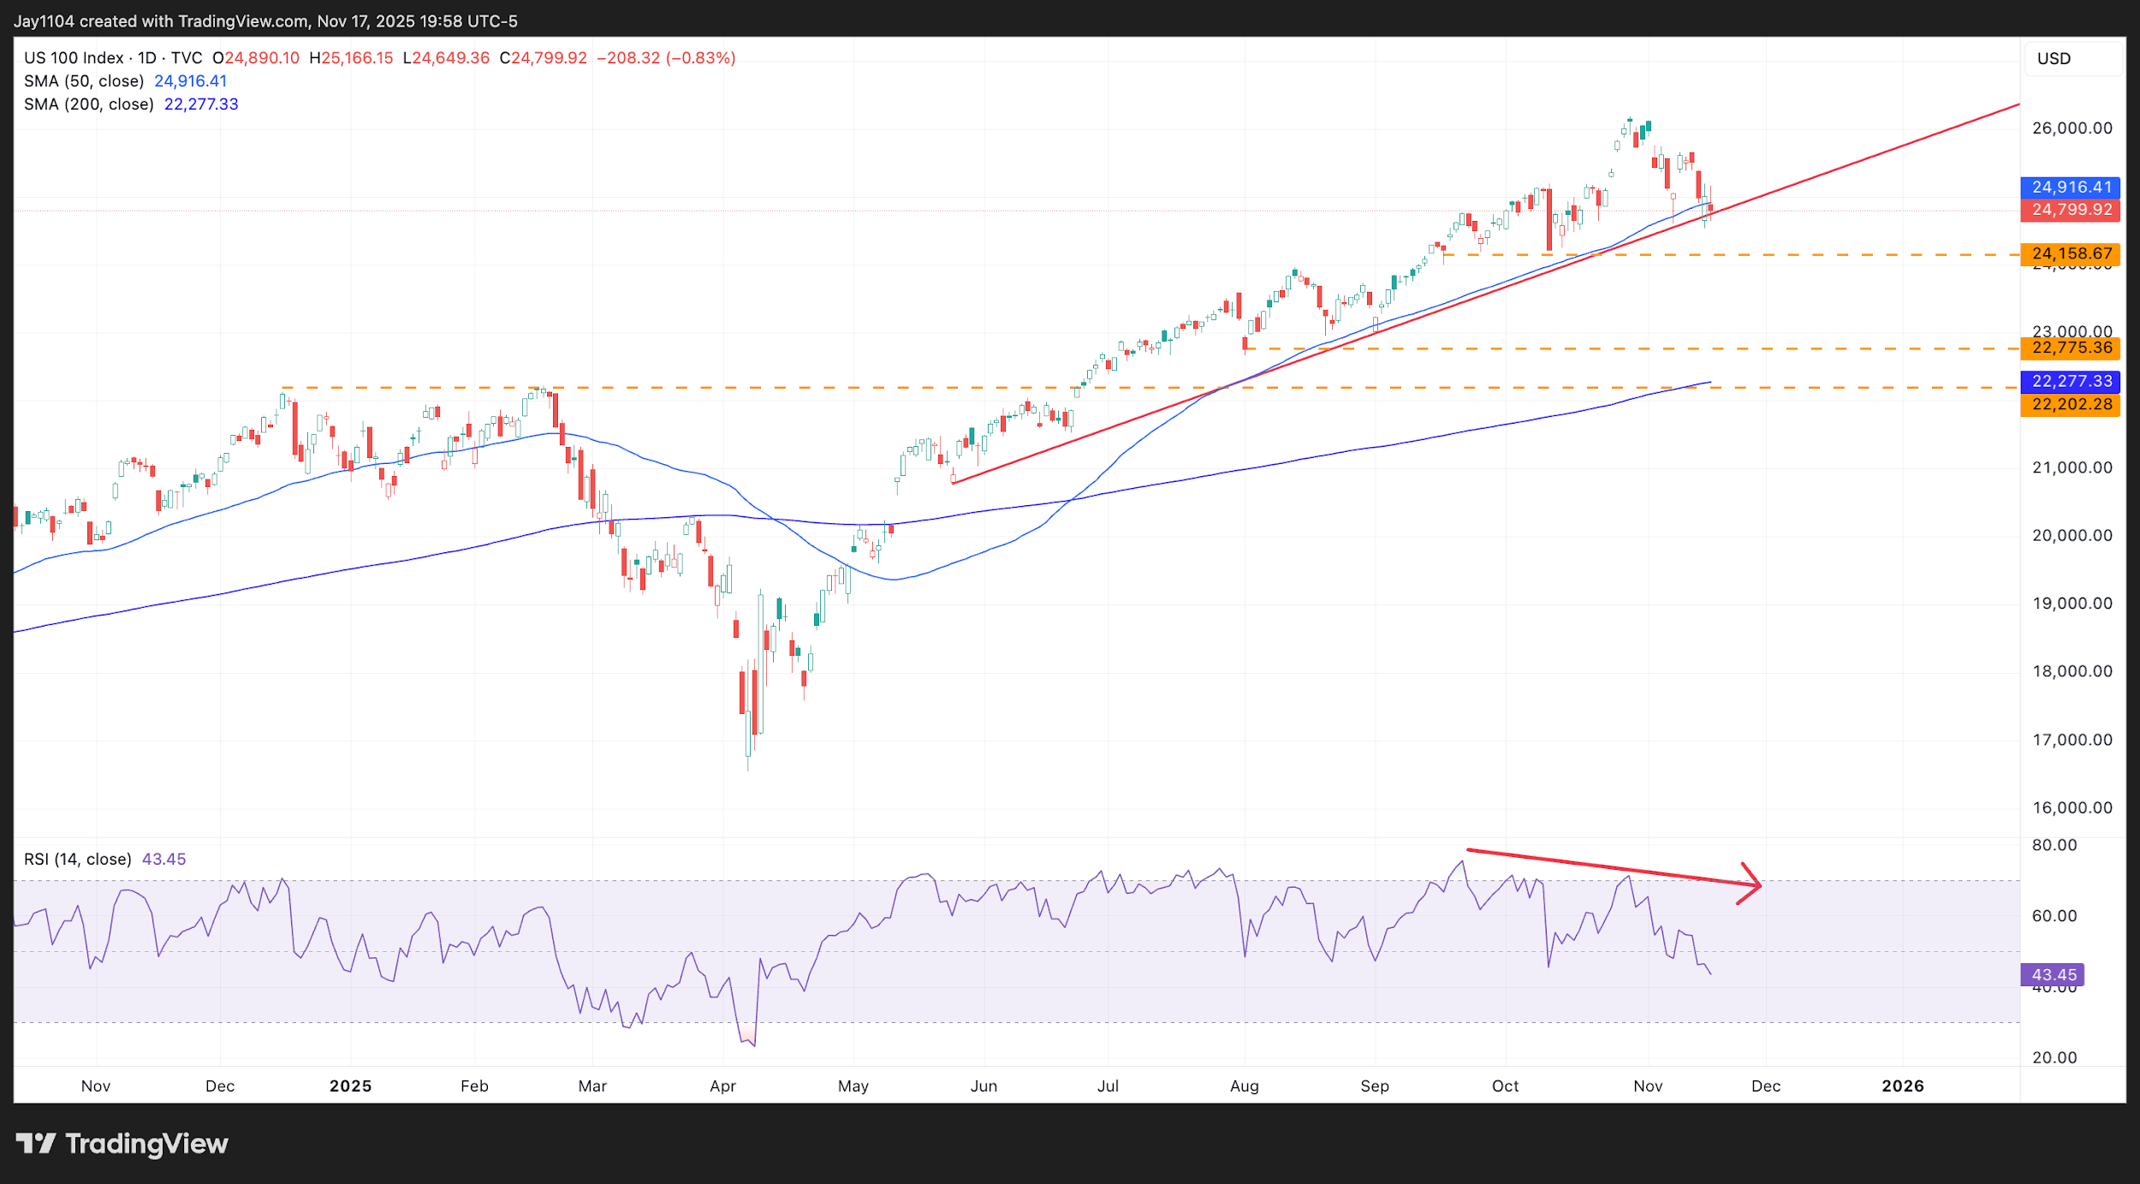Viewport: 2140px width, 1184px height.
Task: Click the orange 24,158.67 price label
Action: point(2070,253)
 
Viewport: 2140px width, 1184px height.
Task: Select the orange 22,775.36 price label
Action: point(2070,348)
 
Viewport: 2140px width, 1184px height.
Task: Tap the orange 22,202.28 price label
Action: point(2070,404)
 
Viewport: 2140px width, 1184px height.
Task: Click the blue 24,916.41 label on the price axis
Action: point(2070,187)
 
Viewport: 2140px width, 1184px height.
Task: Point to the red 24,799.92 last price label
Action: point(2070,210)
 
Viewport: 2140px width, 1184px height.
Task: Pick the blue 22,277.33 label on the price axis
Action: point(2070,381)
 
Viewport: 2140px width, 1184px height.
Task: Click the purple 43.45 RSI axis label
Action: point(2053,974)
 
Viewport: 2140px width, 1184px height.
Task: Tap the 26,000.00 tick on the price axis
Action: point(2072,128)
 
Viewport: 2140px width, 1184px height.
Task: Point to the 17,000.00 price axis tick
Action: point(2072,740)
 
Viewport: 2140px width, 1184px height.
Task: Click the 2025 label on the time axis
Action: point(350,1086)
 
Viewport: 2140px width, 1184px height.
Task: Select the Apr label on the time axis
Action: point(722,1086)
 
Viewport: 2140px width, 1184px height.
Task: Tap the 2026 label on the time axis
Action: point(1902,1086)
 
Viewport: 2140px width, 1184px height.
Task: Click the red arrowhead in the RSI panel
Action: point(1751,884)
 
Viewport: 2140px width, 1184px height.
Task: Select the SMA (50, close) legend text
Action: point(84,81)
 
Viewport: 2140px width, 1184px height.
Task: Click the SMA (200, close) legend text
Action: point(89,104)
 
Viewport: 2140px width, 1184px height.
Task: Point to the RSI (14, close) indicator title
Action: point(78,859)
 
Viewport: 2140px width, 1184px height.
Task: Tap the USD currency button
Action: point(2054,59)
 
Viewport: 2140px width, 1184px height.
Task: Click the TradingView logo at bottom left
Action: point(122,1144)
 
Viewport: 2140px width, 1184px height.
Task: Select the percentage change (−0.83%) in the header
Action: point(702,58)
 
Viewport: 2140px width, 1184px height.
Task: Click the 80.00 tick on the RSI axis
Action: point(2054,845)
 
